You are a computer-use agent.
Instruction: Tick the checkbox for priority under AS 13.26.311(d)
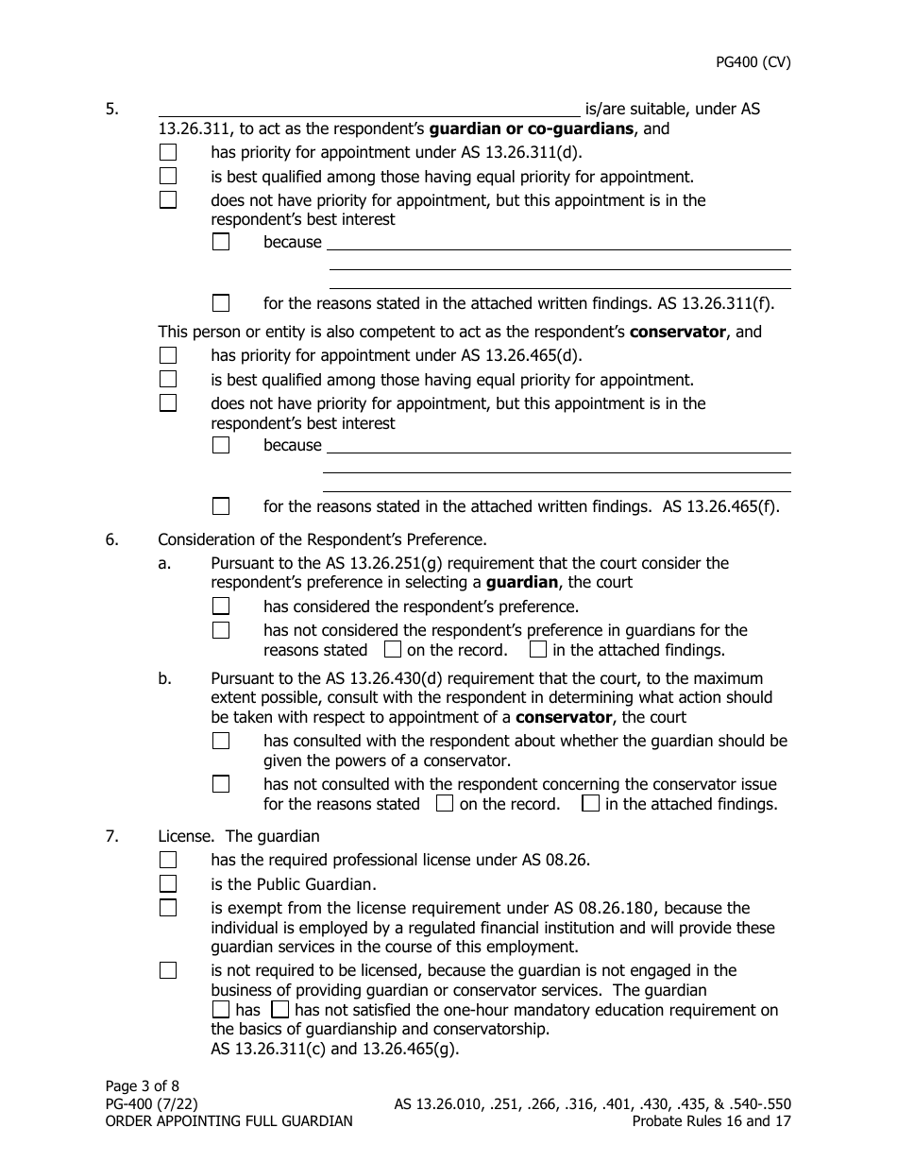point(168,152)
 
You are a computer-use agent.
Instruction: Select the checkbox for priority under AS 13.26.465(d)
point(168,356)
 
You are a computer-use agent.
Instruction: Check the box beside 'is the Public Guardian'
point(168,884)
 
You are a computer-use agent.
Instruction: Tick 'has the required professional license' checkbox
point(168,860)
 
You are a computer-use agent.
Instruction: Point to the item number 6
point(112,540)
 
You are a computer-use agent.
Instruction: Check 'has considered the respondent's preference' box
point(221,607)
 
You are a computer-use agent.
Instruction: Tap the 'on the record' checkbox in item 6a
point(393,650)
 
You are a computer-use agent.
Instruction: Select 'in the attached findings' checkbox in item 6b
point(591,805)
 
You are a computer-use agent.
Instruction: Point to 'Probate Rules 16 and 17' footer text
point(711,1122)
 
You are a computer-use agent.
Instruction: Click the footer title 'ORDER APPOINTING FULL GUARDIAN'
point(229,1122)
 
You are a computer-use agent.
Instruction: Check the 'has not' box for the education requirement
point(279,1010)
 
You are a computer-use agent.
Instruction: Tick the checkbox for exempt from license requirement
point(168,909)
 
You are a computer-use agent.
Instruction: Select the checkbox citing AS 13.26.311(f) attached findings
point(221,303)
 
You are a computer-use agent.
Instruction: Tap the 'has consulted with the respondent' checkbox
point(221,742)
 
